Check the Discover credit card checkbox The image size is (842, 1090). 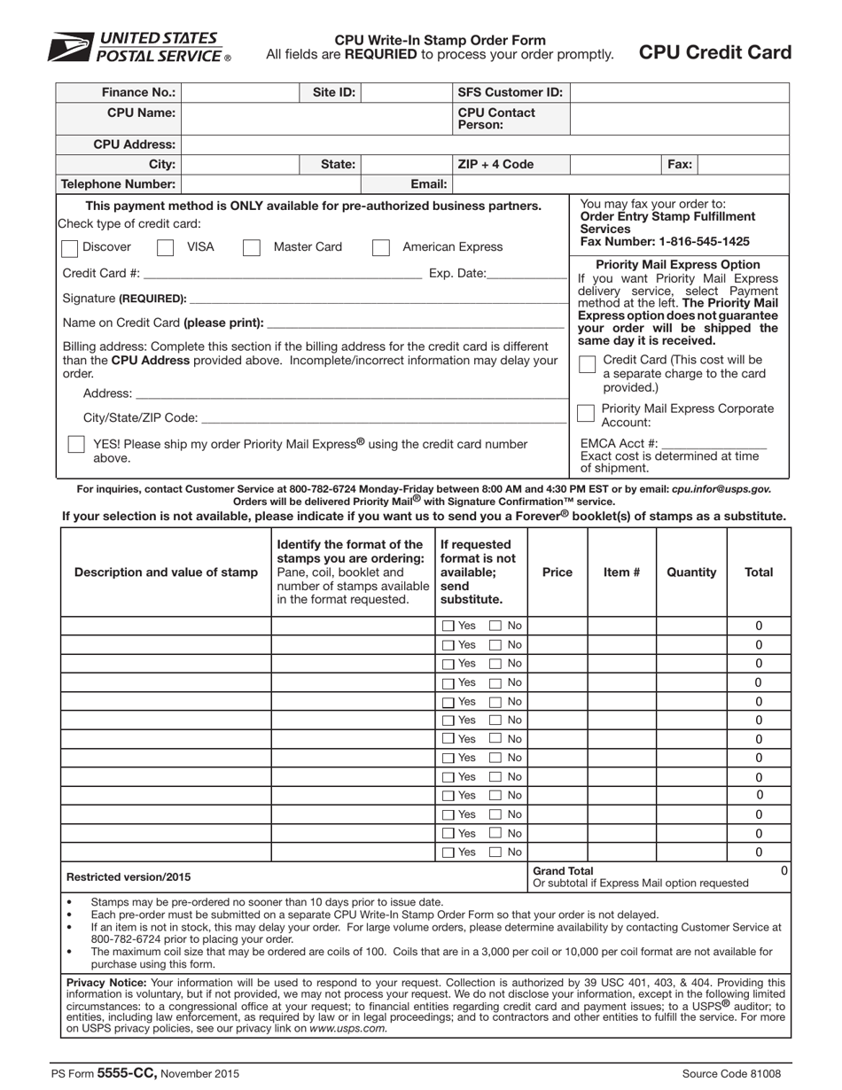click(x=67, y=247)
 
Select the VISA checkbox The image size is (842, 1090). click(x=165, y=247)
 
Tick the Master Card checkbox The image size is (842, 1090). click(x=252, y=247)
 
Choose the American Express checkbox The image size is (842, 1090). click(x=381, y=247)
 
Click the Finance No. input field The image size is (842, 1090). click(x=239, y=92)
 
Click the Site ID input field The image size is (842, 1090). click(x=406, y=92)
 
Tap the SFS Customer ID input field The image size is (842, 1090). click(x=679, y=92)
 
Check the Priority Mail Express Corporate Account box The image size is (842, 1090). click(x=586, y=413)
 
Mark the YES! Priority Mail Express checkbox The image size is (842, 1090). click(x=77, y=444)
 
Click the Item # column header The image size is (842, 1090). click(x=621, y=572)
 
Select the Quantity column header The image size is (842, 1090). click(x=691, y=572)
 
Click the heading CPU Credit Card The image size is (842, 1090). click(x=715, y=52)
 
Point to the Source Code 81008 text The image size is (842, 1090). click(x=731, y=1074)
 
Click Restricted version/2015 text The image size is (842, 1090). click(x=129, y=877)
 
